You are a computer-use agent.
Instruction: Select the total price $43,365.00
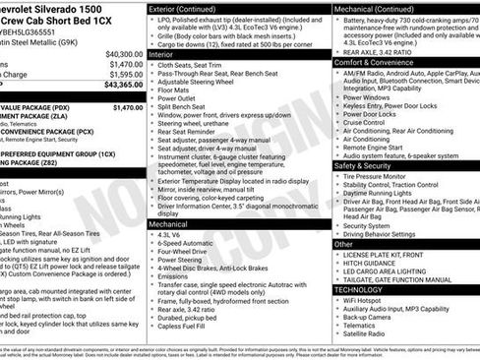pos(123,86)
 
